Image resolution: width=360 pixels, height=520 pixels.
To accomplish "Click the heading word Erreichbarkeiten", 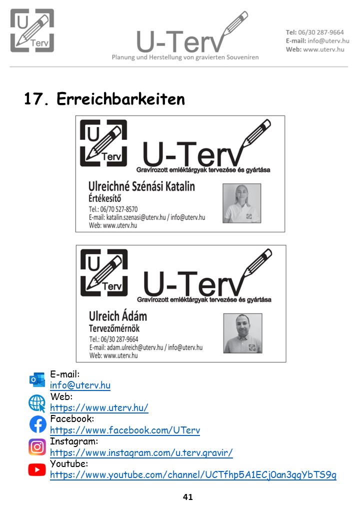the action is pyautogui.click(x=120, y=99).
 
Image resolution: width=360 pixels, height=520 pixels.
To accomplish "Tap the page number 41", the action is pyautogui.click(x=187, y=497).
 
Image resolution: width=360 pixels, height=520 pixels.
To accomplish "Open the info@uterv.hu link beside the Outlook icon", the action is pyautogui.click(x=80, y=385).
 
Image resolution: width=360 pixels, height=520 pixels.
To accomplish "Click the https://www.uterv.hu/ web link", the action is pyautogui.click(x=99, y=407).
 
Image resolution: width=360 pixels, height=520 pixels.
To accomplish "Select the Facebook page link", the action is pyautogui.click(x=125, y=430).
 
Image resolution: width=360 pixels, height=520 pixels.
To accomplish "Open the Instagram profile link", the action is pyautogui.click(x=141, y=452).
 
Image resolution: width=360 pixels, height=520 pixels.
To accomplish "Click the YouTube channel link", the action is pyautogui.click(x=193, y=475).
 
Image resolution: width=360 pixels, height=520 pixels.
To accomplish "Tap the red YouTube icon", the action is pyautogui.click(x=37, y=469).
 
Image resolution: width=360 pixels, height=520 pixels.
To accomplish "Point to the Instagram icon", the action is pyautogui.click(x=37, y=447).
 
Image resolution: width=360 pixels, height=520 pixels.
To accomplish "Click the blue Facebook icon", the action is pyautogui.click(x=38, y=424).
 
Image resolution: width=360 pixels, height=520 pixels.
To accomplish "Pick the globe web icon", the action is pyautogui.click(x=37, y=403).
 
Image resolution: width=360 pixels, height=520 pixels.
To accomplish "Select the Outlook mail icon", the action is pyautogui.click(x=37, y=380).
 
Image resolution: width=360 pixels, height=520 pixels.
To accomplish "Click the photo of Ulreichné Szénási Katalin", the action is pyautogui.click(x=241, y=203).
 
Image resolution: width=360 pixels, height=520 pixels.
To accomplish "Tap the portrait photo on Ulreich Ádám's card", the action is pyautogui.click(x=242, y=333).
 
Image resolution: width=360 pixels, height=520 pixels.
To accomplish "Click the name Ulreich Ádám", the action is pyautogui.click(x=118, y=315).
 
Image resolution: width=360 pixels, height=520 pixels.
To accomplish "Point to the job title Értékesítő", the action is pyautogui.click(x=105, y=198).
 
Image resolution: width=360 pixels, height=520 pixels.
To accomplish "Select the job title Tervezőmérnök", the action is pyautogui.click(x=114, y=328).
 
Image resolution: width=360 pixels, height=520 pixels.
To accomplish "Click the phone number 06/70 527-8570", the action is pyautogui.click(x=119, y=209).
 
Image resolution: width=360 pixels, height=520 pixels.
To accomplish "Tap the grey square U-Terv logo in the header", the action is pyautogui.click(x=32, y=30).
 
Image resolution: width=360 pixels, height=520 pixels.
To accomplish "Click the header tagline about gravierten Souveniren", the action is pyautogui.click(x=185, y=57).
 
